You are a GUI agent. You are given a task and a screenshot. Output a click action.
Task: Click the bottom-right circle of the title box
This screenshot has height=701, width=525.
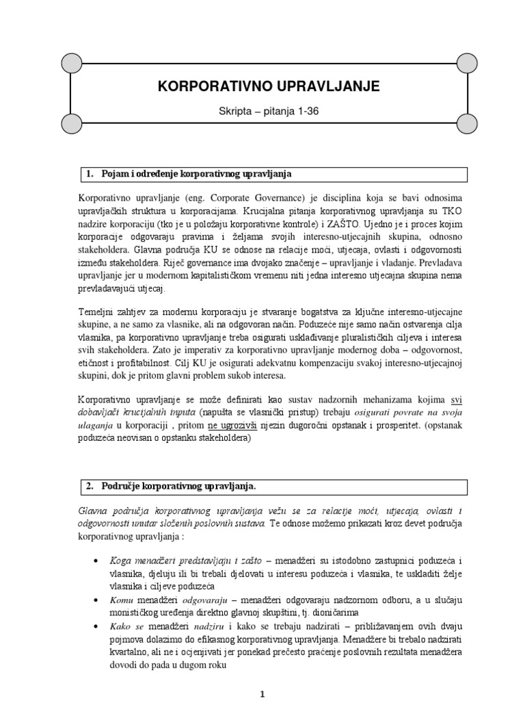(468, 124)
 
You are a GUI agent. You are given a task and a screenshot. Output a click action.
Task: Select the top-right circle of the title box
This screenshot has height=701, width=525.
(468, 64)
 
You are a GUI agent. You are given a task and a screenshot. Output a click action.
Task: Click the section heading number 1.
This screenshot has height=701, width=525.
(89, 174)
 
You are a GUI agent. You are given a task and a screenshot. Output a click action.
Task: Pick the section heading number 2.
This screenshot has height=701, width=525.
(89, 486)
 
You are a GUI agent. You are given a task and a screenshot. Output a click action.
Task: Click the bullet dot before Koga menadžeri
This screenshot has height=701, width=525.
(94, 560)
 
